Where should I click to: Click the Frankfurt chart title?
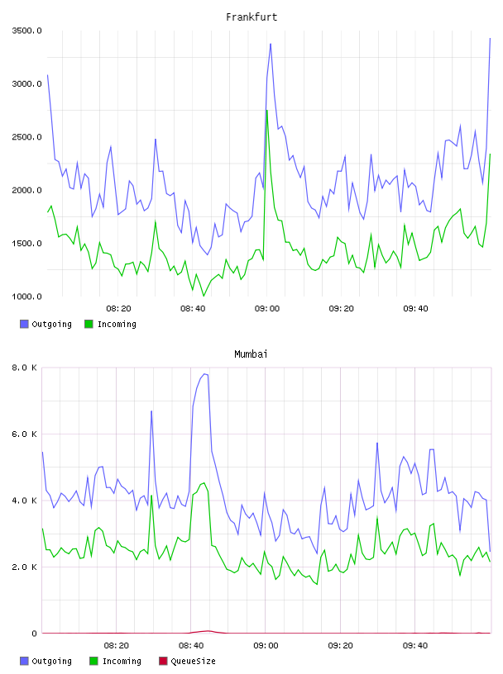tap(251, 17)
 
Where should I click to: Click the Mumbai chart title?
tap(251, 354)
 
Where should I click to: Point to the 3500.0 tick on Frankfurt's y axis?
tap(26, 31)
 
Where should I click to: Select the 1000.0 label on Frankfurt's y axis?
tap(26, 297)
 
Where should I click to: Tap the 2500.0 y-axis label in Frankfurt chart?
tap(26, 137)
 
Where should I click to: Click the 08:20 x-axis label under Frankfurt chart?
tap(118, 308)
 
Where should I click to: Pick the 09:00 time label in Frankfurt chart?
tap(267, 308)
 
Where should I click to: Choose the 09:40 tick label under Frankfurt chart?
tap(415, 308)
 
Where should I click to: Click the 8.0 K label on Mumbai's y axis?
tap(24, 368)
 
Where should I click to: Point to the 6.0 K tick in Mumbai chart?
tap(24, 434)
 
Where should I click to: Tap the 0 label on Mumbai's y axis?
tap(34, 634)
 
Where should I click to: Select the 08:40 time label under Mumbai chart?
tap(191, 645)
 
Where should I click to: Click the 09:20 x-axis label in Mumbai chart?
tap(340, 645)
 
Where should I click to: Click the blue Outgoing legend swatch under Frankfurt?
tap(24, 324)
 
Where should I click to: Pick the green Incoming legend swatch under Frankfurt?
tap(89, 324)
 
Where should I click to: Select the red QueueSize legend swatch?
tap(163, 661)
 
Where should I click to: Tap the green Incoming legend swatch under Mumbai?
tap(93, 661)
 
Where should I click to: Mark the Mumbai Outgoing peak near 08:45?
tap(205, 374)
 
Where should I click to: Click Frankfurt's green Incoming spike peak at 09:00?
tap(267, 111)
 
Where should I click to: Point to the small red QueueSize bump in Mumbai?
tap(208, 631)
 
